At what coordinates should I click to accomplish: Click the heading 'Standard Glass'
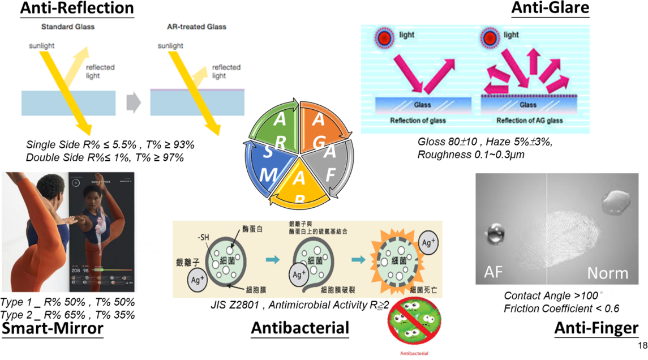coord(68,27)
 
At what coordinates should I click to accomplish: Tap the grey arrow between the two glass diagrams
coord(133,102)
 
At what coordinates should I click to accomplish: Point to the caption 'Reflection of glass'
coord(418,121)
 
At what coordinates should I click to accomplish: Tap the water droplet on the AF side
coord(495,233)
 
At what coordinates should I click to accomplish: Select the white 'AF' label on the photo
coord(493,272)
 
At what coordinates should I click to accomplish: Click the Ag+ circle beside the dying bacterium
coord(428,242)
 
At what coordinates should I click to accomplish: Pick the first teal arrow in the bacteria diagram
coord(273,260)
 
